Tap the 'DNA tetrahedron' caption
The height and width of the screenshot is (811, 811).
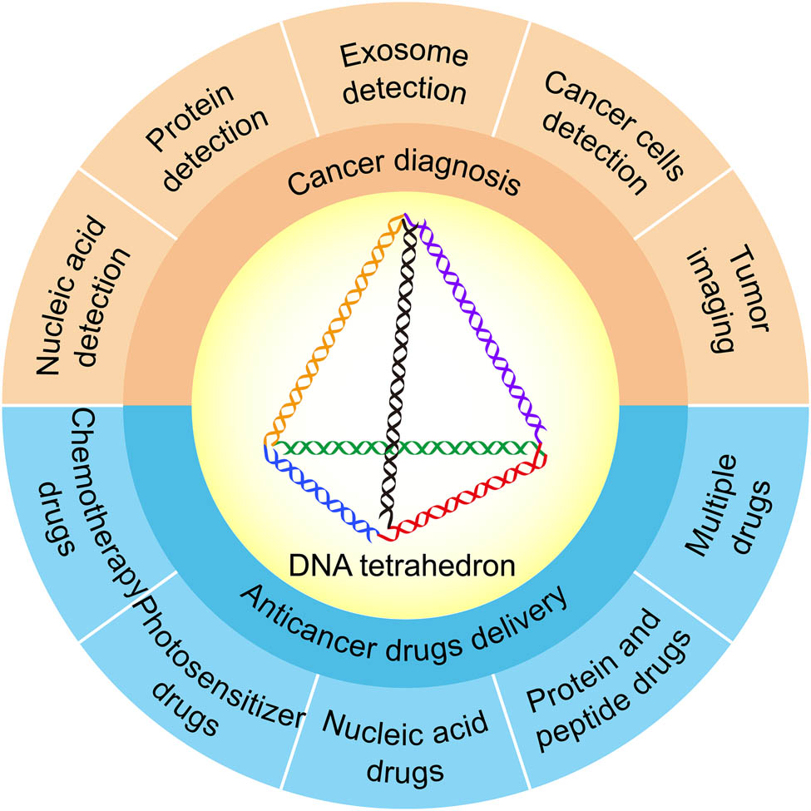[x=405, y=566]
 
